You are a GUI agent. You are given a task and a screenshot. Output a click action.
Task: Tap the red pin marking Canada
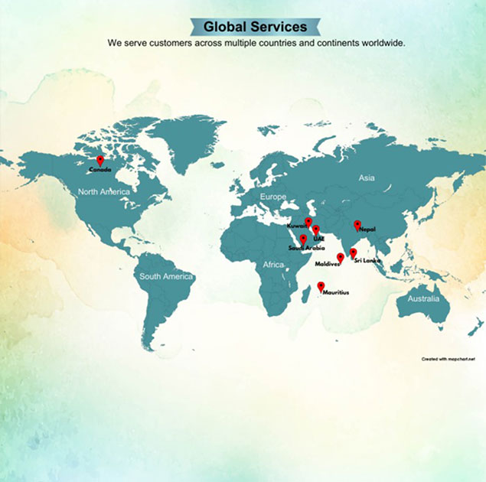99,160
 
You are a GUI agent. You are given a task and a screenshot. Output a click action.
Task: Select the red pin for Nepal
357,224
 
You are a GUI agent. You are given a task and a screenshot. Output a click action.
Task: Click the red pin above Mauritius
321,286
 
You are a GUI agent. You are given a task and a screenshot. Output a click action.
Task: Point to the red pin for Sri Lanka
353,252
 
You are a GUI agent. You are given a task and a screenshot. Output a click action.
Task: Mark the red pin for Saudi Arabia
303,239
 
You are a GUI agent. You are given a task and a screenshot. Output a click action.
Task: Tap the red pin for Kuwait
308,222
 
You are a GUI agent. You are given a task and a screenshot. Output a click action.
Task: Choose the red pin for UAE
315,230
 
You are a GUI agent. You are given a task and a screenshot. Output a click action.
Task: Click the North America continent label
104,191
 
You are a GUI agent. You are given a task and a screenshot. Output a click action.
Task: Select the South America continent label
166,276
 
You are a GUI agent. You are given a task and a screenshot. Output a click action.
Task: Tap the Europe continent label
273,197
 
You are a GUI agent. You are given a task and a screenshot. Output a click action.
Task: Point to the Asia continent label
367,177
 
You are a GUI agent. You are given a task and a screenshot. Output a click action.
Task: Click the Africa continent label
273,265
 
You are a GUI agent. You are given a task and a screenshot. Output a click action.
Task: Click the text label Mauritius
336,293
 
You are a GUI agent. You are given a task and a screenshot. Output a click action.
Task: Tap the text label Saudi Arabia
306,248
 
